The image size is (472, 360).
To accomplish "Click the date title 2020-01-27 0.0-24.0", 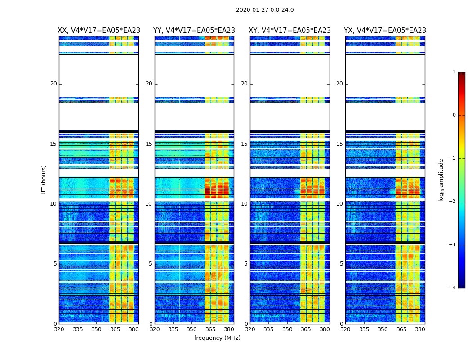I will (265, 10).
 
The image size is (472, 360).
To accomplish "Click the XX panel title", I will (99, 31).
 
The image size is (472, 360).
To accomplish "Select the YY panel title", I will (194, 31).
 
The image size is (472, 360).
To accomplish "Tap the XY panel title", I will (290, 31).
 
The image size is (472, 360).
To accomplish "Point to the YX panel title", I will (385, 31).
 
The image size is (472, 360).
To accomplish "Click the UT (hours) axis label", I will (44, 180).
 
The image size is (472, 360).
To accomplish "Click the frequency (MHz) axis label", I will (217, 338).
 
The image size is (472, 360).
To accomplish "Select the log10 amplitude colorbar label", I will (441, 180).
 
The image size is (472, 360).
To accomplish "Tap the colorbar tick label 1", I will (454, 72).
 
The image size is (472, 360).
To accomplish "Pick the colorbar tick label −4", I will (453, 288).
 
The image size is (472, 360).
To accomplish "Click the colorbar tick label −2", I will (453, 202).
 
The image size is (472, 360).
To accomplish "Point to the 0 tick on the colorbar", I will (454, 115).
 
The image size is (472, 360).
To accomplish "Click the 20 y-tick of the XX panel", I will (53, 84).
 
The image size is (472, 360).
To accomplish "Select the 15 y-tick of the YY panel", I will (149, 144).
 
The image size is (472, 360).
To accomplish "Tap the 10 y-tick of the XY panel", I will (244, 204).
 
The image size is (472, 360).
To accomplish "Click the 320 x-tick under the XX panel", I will (59, 329).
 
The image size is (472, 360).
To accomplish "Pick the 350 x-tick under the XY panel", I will (287, 329).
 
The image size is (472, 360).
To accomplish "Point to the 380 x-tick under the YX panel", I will (420, 329).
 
